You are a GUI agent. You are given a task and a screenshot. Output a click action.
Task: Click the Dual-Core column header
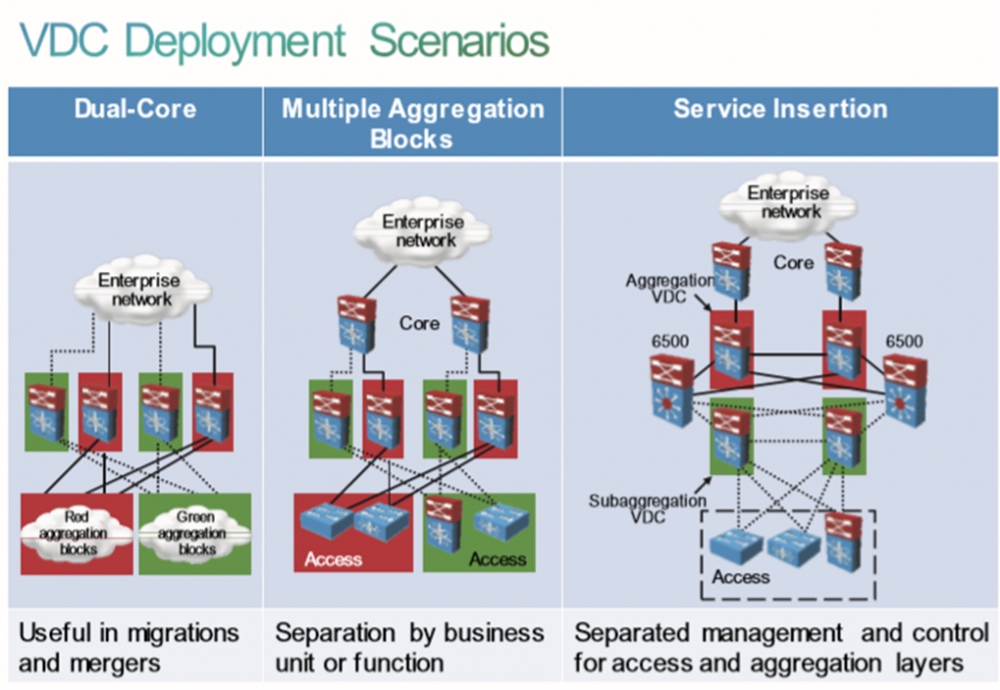pyautogui.click(x=135, y=108)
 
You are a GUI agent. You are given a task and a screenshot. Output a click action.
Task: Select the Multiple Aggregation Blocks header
pyautogui.click(x=412, y=122)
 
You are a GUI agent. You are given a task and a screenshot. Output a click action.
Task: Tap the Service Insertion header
pyautogui.click(x=780, y=108)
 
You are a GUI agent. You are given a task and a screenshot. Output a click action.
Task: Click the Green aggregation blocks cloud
pyautogui.click(x=193, y=532)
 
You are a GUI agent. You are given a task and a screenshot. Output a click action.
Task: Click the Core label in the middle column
pyautogui.click(x=419, y=322)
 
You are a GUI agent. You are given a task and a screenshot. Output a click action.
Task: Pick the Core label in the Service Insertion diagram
pyautogui.click(x=793, y=263)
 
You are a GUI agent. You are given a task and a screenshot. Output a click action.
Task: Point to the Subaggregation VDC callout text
pyautogui.click(x=634, y=508)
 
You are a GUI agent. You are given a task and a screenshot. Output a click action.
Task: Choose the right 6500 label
pyautogui.click(x=903, y=342)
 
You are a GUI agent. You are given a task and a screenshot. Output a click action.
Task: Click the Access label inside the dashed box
pyautogui.click(x=740, y=577)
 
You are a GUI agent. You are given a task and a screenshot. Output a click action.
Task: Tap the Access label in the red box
pyautogui.click(x=333, y=559)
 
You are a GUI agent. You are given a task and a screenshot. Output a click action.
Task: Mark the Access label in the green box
pyautogui.click(x=497, y=559)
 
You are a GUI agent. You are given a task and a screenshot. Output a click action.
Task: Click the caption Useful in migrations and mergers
pyautogui.click(x=129, y=648)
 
